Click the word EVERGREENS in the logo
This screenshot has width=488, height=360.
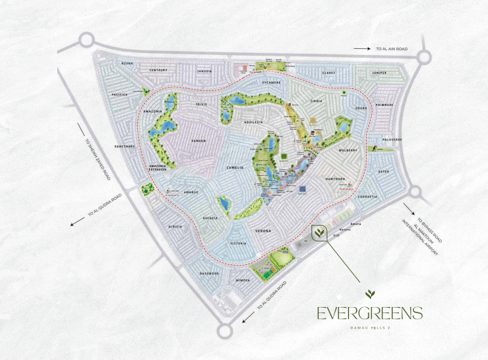point(369,313)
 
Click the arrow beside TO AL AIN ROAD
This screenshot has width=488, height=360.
point(362,49)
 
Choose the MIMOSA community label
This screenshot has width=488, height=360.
point(243,279)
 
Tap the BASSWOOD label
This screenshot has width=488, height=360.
point(209,273)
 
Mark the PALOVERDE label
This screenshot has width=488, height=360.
point(391,139)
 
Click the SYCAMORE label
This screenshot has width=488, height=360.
point(271,82)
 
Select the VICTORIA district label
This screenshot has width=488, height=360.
point(238,243)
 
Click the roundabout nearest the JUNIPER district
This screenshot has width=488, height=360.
point(425,58)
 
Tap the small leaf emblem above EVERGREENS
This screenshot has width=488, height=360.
point(369,294)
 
